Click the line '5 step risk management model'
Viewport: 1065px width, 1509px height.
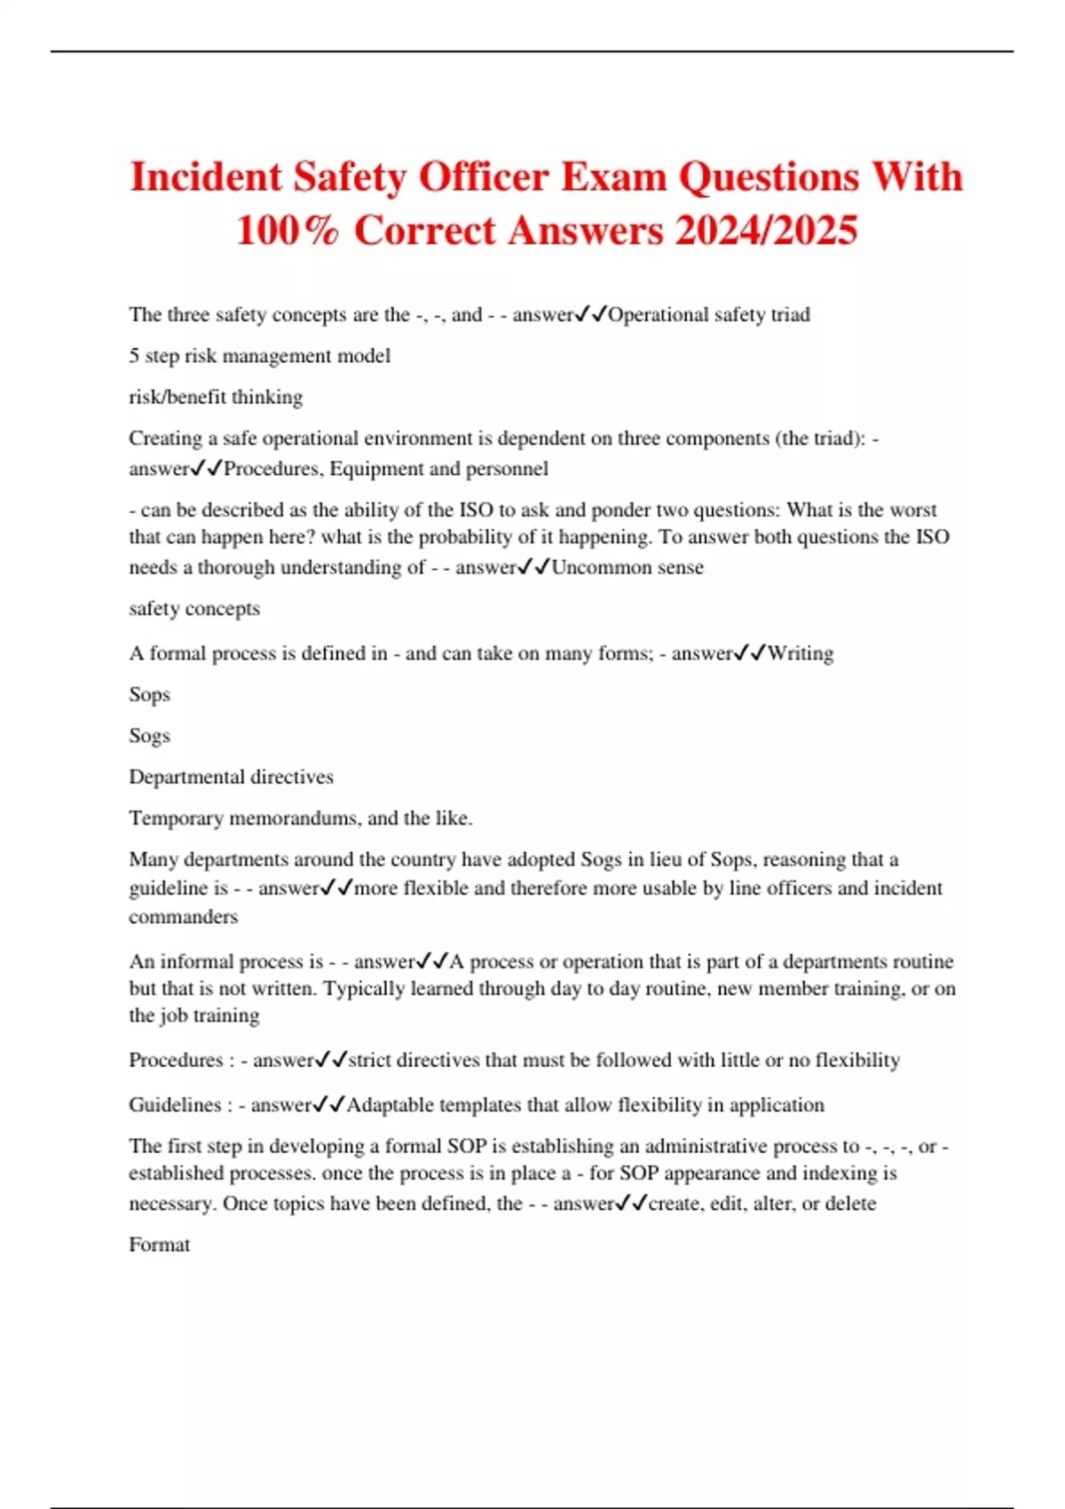pos(259,356)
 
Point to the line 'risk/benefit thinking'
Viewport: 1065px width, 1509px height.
pos(216,397)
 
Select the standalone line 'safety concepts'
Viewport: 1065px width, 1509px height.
pos(194,609)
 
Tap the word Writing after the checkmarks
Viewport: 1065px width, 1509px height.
pos(801,653)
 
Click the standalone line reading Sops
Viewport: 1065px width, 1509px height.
pos(149,695)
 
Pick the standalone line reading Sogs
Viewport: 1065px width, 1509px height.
pos(149,736)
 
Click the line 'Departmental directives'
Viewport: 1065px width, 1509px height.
pos(231,777)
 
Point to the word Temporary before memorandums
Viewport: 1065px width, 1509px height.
pos(176,818)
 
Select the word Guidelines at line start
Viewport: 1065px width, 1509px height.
pos(175,1105)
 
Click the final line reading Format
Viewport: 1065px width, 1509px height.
pos(160,1244)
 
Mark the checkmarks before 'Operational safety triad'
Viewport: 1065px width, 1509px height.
pos(590,314)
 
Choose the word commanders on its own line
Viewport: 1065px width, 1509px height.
pos(184,917)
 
